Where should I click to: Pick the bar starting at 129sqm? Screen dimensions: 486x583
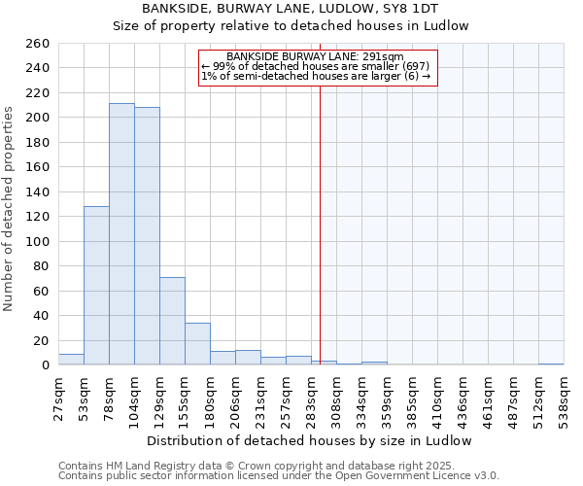172,321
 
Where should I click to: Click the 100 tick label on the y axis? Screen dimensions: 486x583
38,241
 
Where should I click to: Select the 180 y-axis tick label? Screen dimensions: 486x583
38,142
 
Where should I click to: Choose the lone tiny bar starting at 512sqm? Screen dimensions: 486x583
551,364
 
